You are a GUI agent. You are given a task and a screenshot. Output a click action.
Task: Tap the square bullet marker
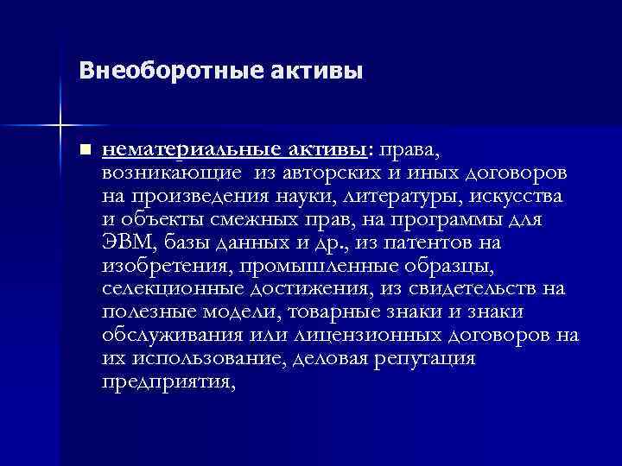click(83, 149)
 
